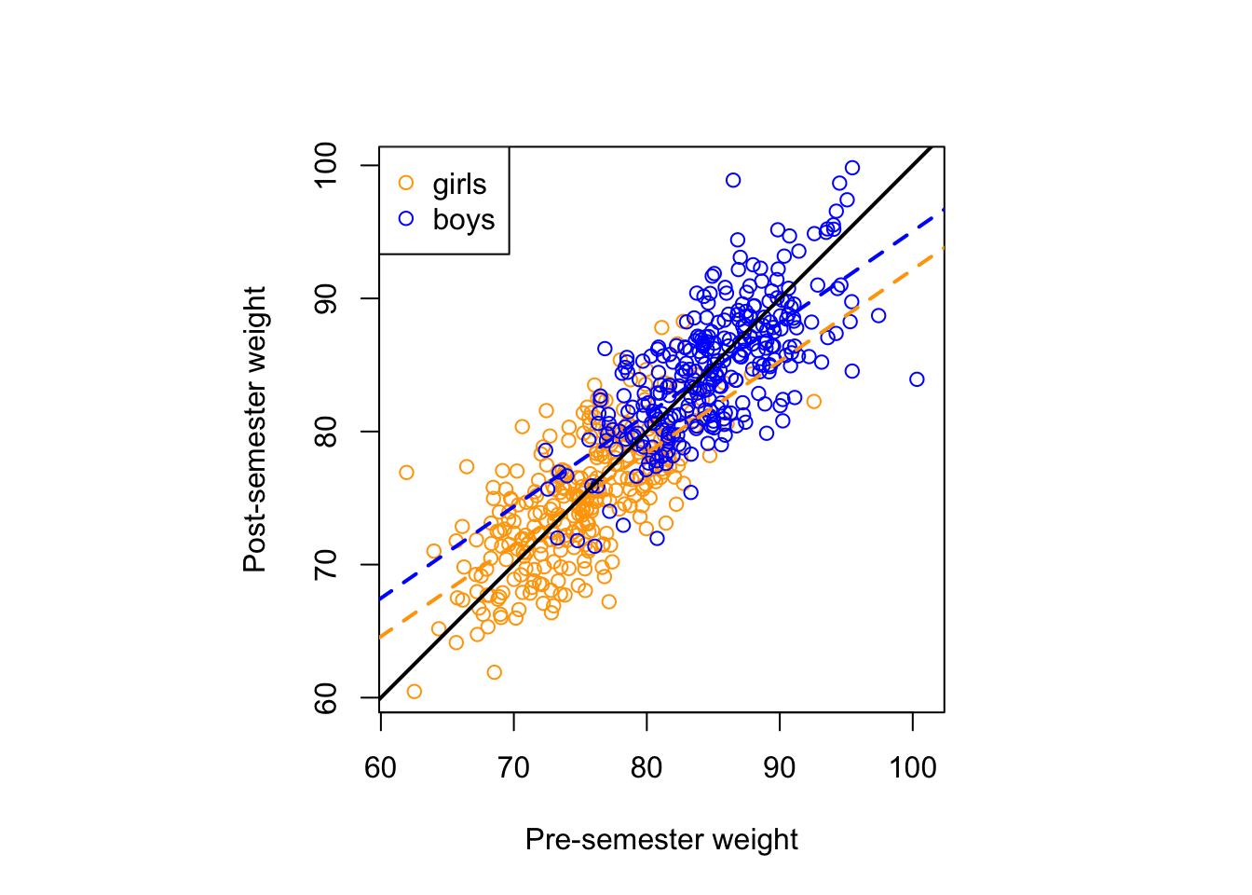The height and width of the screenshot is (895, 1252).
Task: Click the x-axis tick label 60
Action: pyautogui.click(x=380, y=768)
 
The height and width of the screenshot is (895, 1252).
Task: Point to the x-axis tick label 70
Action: pyautogui.click(x=513, y=768)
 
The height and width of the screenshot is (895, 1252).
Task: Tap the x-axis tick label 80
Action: pyautogui.click(x=646, y=768)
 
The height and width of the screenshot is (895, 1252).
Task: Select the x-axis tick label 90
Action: pyautogui.click(x=780, y=768)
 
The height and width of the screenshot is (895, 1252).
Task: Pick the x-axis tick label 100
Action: pyautogui.click(x=912, y=768)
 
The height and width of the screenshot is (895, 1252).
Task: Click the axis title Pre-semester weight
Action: pyautogui.click(x=661, y=840)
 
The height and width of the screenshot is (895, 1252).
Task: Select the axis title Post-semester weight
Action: pyautogui.click(x=254, y=430)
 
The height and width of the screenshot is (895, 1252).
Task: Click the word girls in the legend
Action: pyautogui.click(x=459, y=184)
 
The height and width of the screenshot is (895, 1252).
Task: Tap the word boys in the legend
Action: pyautogui.click(x=463, y=220)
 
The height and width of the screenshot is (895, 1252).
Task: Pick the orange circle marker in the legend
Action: pyautogui.click(x=406, y=183)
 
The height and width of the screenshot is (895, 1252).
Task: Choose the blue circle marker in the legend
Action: pyautogui.click(x=406, y=218)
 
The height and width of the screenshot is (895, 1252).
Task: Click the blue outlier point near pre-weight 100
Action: pyautogui.click(x=917, y=379)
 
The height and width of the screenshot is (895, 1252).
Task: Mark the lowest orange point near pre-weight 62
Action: pyautogui.click(x=415, y=692)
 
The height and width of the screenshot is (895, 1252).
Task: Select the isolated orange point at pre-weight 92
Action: pyautogui.click(x=813, y=402)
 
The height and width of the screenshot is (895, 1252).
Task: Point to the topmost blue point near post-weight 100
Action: pyautogui.click(x=851, y=168)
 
